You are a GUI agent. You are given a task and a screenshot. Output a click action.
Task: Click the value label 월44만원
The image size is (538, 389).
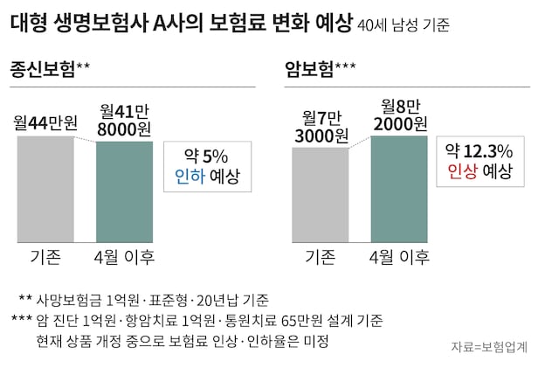click(x=45, y=123)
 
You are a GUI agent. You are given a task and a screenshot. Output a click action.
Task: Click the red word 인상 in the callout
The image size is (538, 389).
click(x=462, y=170)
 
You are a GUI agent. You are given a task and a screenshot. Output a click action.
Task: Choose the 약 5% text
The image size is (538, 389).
click(x=206, y=156)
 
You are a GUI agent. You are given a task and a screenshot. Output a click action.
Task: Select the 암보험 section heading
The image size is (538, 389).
click(x=311, y=67)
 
